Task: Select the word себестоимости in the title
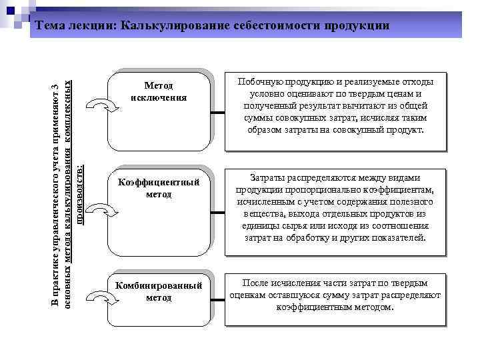pos(279,25)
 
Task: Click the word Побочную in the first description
pos(259,82)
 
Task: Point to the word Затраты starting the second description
pos(267,178)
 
